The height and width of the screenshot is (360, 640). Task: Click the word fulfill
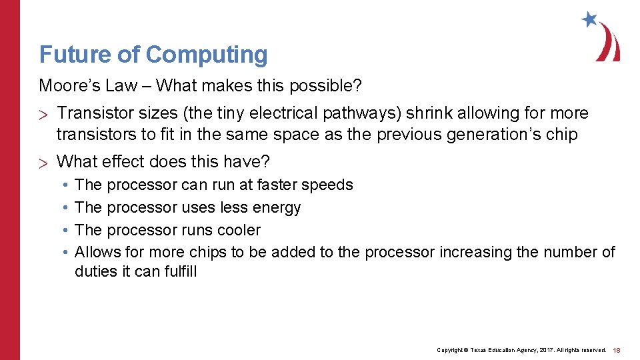pyautogui.click(x=181, y=271)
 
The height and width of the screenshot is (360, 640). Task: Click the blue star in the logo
pyautogui.click(x=589, y=19)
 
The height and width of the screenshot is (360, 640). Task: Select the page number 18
pyautogui.click(x=617, y=350)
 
